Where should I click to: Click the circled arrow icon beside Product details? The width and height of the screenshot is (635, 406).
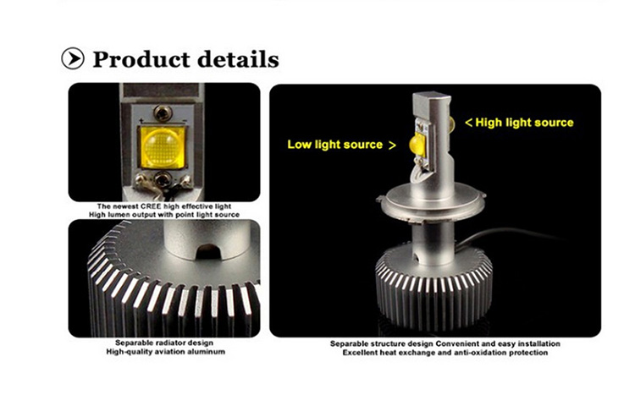coord(73,58)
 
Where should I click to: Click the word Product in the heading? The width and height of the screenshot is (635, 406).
coord(141,59)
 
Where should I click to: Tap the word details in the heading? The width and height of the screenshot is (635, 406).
coord(239,59)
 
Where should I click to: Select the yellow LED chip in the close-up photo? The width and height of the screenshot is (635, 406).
coord(163,148)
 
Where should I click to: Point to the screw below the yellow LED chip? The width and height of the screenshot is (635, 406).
coord(163,178)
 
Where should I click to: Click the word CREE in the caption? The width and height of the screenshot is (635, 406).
coord(151,206)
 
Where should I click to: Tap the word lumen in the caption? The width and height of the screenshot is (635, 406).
coord(118,215)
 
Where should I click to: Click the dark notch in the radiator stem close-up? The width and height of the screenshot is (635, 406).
coord(208,252)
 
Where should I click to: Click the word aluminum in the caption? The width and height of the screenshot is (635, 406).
coord(205,352)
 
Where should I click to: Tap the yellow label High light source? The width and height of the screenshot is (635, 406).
coord(524,123)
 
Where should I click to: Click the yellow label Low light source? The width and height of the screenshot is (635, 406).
coord(335,145)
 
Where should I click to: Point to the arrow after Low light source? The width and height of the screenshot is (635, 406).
coord(392,145)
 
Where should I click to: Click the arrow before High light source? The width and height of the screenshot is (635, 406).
coord(469,123)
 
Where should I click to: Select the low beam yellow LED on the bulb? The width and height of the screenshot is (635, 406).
coord(417,144)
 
